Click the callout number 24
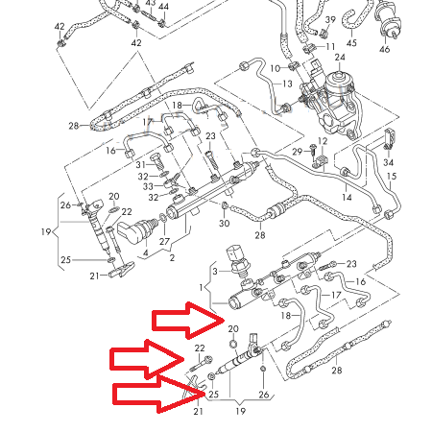338,58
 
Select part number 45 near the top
351,43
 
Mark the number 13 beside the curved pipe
286,84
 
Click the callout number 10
275,68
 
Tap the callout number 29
298,153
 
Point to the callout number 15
391,178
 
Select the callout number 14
347,197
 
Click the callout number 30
224,224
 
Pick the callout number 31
140,165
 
